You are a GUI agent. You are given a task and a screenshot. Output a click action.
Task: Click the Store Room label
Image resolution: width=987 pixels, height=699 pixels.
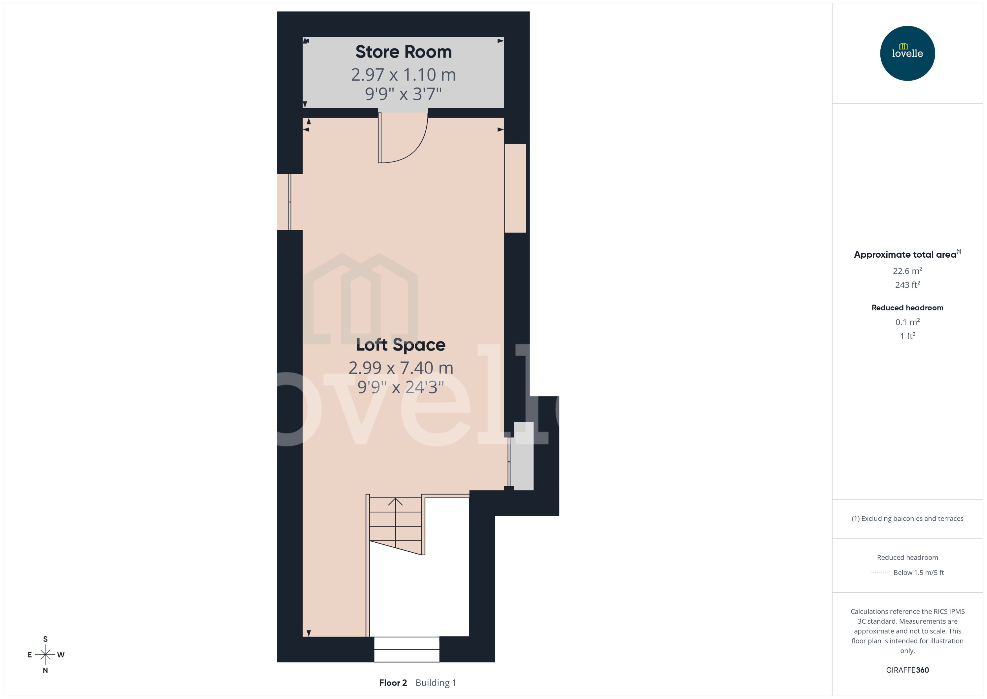tap(404, 52)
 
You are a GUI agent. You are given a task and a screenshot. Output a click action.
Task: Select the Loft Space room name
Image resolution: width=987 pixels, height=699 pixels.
tap(400, 345)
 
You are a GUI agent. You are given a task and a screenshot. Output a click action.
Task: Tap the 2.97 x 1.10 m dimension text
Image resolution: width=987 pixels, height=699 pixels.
tap(404, 75)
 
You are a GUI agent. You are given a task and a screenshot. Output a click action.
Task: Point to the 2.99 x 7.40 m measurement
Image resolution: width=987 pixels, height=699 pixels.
tap(400, 368)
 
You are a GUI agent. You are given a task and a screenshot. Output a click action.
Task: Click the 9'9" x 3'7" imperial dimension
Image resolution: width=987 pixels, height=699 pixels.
tap(404, 94)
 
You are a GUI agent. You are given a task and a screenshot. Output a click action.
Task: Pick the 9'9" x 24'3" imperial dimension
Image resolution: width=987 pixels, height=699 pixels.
tap(400, 387)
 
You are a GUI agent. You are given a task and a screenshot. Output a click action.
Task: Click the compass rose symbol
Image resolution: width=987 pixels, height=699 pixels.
tap(45, 655)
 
